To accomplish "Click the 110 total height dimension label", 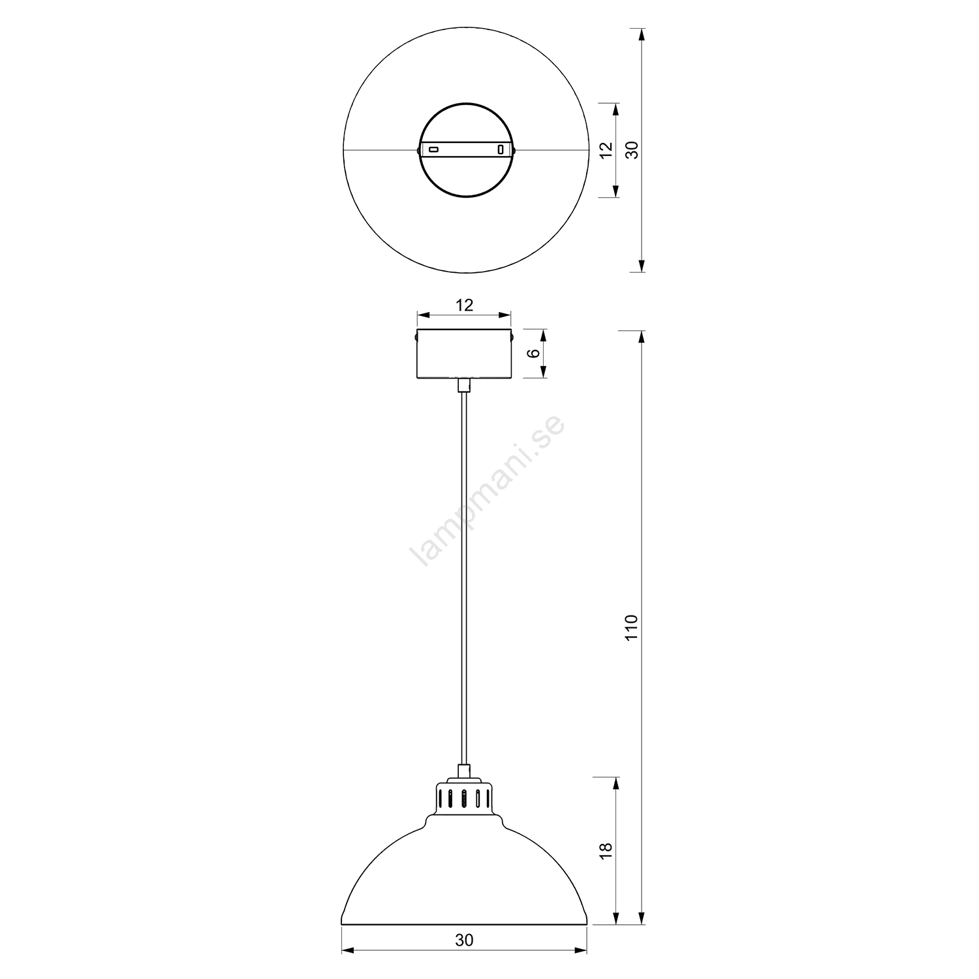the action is [630, 627].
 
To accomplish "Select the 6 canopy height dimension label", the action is [534, 353].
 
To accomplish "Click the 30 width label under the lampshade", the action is [464, 940].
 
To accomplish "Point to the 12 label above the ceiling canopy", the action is [464, 305].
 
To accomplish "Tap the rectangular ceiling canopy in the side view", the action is [464, 354].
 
